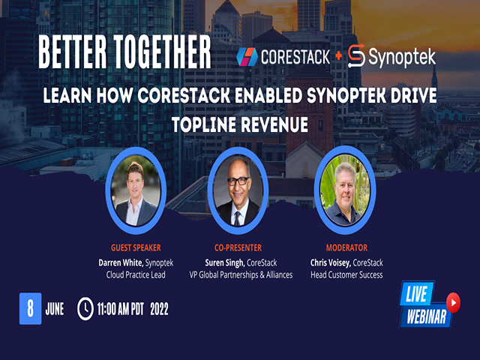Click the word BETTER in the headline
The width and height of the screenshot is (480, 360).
(x=72, y=52)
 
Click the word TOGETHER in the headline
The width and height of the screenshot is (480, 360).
(x=162, y=52)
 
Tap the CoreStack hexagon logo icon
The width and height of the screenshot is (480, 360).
(x=247, y=57)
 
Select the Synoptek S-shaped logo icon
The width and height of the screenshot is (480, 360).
(x=357, y=56)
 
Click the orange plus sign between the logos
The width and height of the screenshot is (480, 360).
(x=338, y=55)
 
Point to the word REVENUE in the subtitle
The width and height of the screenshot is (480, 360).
(x=274, y=124)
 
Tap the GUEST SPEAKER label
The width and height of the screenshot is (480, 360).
(x=136, y=247)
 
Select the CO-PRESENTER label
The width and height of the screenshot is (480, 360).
(x=238, y=247)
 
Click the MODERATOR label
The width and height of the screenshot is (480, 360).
(x=346, y=247)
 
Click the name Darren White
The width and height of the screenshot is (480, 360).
(x=121, y=262)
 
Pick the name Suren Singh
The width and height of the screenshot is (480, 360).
(x=224, y=262)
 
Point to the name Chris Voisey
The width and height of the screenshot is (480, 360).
(x=330, y=262)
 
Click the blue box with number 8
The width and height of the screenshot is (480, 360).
(x=30, y=308)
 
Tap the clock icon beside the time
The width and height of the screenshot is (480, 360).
(x=85, y=308)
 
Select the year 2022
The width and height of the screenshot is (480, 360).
(x=159, y=309)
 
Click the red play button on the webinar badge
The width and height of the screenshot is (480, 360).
(x=453, y=302)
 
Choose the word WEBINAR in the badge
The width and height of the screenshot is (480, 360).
(x=427, y=316)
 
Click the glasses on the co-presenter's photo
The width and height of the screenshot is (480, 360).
(x=238, y=181)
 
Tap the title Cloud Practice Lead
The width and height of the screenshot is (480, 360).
(x=136, y=275)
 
